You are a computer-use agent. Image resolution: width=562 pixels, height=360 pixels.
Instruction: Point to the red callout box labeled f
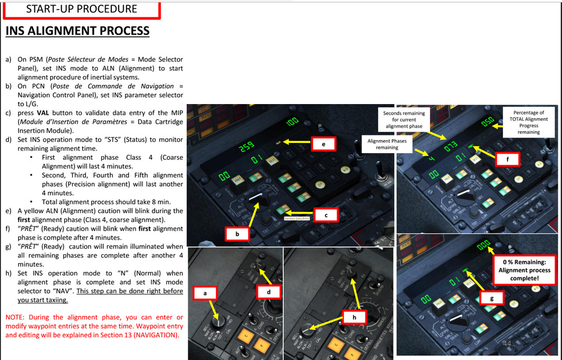(x=508, y=160)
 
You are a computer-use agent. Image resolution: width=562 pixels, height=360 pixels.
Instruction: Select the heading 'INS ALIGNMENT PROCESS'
(x=78, y=30)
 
